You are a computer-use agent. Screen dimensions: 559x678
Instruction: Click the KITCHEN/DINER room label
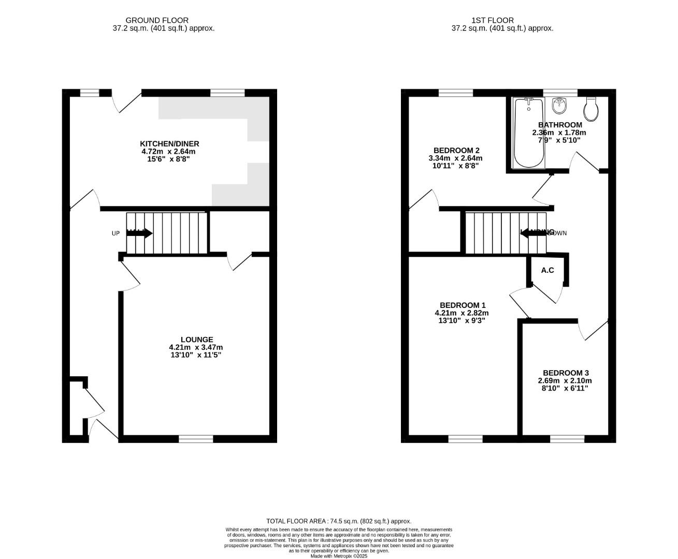point(169,144)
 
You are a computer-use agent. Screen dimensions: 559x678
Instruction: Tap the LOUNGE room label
point(197,340)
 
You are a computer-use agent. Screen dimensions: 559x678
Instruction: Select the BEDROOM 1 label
point(462,305)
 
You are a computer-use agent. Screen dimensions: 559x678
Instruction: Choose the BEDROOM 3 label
point(566,373)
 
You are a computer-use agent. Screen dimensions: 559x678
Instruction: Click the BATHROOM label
point(560,125)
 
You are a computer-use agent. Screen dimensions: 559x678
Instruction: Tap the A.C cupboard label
point(547,270)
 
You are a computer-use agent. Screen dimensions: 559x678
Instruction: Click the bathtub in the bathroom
point(528,132)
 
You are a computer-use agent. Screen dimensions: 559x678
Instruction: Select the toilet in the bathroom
point(592,108)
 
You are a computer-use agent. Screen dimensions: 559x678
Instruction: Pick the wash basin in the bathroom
point(559,106)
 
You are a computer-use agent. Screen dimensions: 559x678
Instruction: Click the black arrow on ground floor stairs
point(139,233)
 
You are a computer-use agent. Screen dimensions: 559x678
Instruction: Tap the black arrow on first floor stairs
point(533,233)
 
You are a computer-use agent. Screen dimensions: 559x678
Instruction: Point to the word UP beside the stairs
point(116,233)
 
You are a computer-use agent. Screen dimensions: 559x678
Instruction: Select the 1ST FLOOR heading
point(492,20)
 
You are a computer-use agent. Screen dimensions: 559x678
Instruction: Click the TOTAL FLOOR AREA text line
point(339,521)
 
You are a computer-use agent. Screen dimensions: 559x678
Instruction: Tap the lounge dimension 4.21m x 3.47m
point(196,347)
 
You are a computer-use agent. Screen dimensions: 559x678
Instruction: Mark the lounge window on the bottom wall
point(196,439)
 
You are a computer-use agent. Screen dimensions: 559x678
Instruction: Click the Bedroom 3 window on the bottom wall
point(567,439)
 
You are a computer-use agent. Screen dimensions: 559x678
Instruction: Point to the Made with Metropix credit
point(339,556)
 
